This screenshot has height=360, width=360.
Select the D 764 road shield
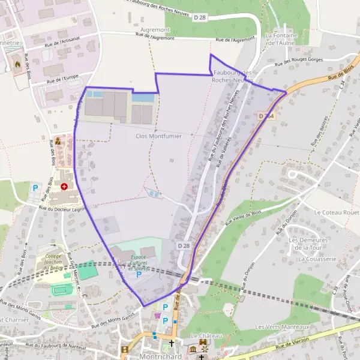click(266, 115)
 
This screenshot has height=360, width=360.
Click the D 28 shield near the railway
click(184, 246)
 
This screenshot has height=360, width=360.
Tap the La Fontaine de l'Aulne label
click(282, 39)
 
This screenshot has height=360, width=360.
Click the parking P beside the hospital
click(35, 188)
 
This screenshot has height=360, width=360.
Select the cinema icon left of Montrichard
click(124, 350)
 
